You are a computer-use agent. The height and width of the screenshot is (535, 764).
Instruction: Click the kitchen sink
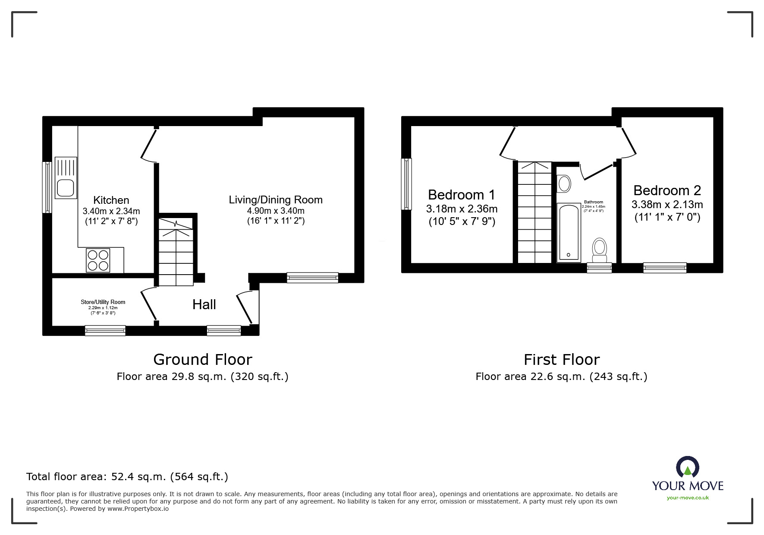66,177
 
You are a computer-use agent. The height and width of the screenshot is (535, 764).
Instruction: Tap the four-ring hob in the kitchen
98,260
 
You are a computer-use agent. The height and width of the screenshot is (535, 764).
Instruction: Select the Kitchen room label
111,200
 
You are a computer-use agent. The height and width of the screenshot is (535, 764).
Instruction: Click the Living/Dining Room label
276,200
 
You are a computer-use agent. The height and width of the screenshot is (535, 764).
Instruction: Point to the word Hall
204,304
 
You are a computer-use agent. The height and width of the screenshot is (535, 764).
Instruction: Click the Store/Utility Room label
103,302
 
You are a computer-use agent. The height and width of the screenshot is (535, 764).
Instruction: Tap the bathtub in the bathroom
569,232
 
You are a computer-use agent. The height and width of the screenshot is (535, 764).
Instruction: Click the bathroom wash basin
564,184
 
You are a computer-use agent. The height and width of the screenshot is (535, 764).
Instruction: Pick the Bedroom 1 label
462,195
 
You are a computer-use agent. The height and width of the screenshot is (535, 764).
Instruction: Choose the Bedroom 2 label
667,190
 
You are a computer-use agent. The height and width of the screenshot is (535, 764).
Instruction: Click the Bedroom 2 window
665,268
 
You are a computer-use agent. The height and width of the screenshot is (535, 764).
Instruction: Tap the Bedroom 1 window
406,184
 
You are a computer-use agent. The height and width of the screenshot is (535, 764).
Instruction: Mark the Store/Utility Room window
105,331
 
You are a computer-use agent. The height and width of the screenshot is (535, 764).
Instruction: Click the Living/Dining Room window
312,278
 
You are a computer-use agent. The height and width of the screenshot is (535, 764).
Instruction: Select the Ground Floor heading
203,360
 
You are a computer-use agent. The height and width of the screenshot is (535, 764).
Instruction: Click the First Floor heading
562,360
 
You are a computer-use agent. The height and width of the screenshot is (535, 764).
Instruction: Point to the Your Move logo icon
687,468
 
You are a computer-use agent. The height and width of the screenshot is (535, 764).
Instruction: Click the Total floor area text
127,477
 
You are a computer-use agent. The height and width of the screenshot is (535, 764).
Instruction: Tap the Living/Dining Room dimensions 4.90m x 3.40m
276,211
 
